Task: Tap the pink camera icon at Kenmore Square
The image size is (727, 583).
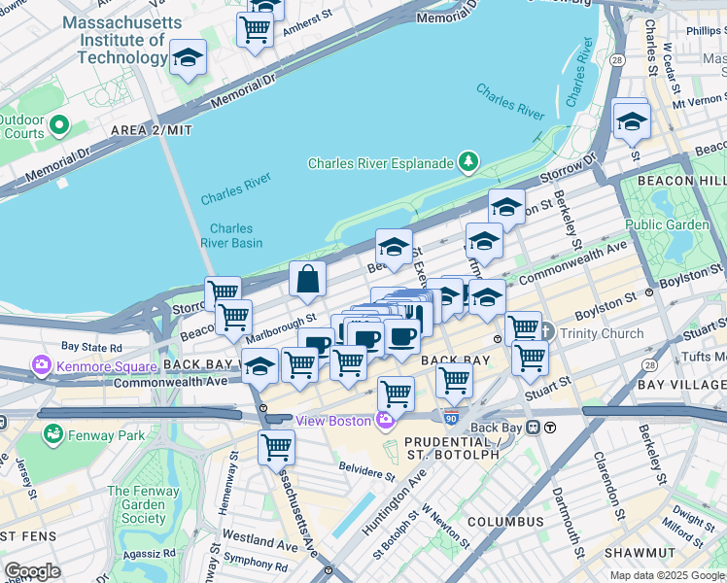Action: [x=42, y=366]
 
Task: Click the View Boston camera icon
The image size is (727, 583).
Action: [x=386, y=420]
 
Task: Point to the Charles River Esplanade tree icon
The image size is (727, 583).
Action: [x=468, y=161]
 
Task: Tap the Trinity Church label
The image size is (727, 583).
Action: [x=603, y=333]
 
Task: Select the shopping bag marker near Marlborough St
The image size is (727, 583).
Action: [x=307, y=281]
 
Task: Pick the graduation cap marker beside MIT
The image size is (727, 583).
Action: [x=188, y=58]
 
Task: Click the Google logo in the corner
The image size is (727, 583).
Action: [x=32, y=571]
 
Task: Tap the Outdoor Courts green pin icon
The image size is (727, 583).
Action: [x=59, y=125]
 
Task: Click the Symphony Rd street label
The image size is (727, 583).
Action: [x=255, y=560]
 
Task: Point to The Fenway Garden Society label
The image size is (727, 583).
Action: [x=143, y=504]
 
